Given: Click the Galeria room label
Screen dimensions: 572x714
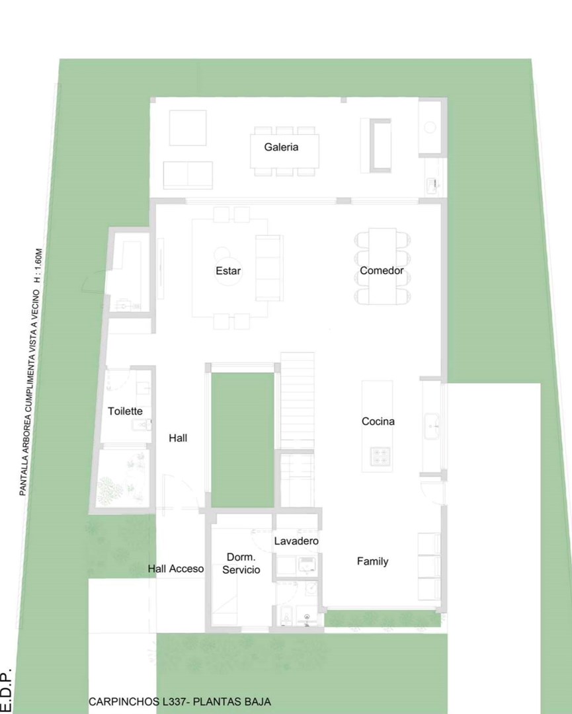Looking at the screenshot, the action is pos(281,147).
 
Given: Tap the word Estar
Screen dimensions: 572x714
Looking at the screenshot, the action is pos(228,271).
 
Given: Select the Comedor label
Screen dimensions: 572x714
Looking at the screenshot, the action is pos(382,270).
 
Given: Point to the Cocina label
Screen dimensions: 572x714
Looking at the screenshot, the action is pos(378,421).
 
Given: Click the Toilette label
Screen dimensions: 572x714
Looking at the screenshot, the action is pos(125,411).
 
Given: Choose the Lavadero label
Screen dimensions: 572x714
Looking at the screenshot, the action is pos(296,541).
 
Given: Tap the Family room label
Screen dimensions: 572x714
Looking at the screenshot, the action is pos(372,561).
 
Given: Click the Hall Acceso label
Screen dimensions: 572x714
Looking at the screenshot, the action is pos(176,569).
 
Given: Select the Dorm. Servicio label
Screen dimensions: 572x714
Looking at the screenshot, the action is pos(241,563).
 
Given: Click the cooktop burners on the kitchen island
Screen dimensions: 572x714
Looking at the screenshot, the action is pos(380,456).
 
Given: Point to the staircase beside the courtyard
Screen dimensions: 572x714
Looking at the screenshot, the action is pos(297,401).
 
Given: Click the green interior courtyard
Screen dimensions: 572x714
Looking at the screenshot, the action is pos(243,440).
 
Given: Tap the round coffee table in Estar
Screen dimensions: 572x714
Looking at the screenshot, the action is pos(227,272).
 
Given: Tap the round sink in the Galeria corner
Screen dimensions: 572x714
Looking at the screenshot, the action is pos(430,127).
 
